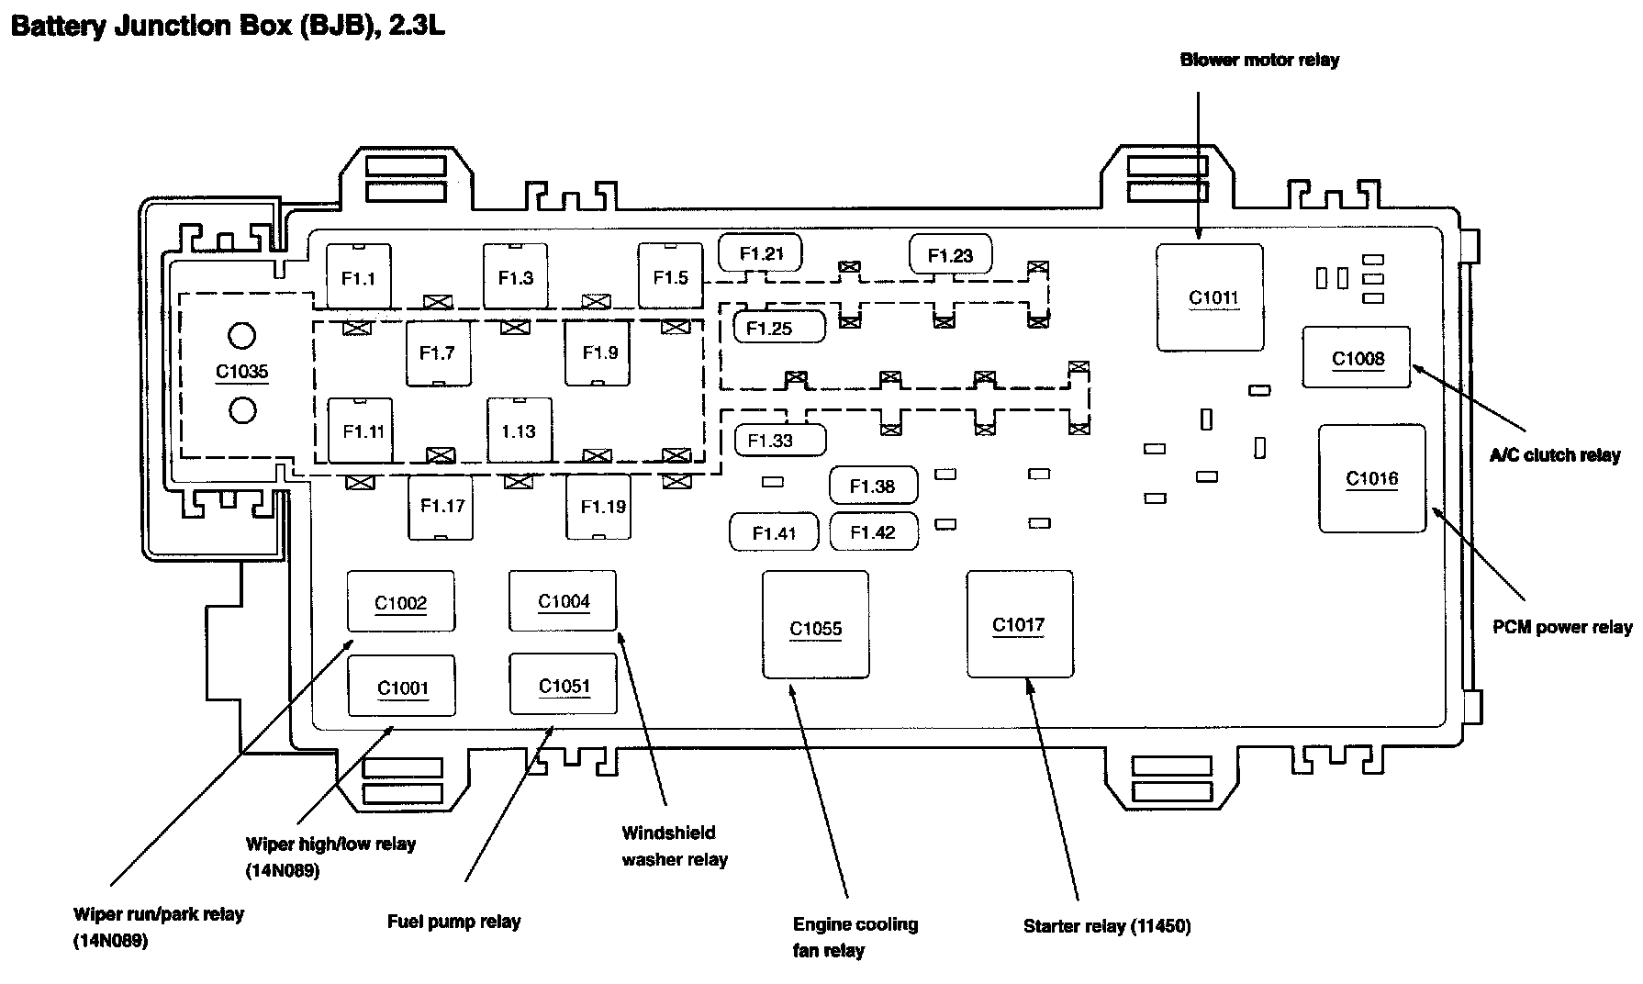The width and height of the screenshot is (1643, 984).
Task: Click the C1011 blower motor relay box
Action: [1209, 297]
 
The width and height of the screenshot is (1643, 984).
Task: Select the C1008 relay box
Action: [1356, 358]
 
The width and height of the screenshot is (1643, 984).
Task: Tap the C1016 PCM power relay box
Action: [1371, 478]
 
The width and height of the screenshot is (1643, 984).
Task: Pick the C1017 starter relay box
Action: [1019, 624]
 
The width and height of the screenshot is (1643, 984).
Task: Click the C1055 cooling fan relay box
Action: [815, 625]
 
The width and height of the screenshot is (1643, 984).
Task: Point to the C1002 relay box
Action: [400, 601]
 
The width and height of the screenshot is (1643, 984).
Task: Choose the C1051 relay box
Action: [563, 685]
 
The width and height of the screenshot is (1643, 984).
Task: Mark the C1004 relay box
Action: [563, 600]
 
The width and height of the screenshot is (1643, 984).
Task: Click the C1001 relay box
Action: [401, 686]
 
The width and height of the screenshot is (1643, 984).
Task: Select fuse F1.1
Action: [358, 277]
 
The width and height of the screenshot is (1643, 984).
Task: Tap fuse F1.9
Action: [598, 352]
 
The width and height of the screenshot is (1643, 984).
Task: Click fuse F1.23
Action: [950, 255]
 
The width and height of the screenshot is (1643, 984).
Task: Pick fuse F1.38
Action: [872, 486]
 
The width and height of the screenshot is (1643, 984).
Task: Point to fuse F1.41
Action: [773, 532]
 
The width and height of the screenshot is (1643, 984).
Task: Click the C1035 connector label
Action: [241, 372]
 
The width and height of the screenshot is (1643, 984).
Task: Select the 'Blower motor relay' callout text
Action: [1258, 61]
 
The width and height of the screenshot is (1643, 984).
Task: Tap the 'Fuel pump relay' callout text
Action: [453, 922]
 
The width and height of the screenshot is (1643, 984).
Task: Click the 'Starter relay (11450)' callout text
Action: [1107, 926]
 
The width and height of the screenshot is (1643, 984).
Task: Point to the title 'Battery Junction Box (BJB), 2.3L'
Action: [228, 26]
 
